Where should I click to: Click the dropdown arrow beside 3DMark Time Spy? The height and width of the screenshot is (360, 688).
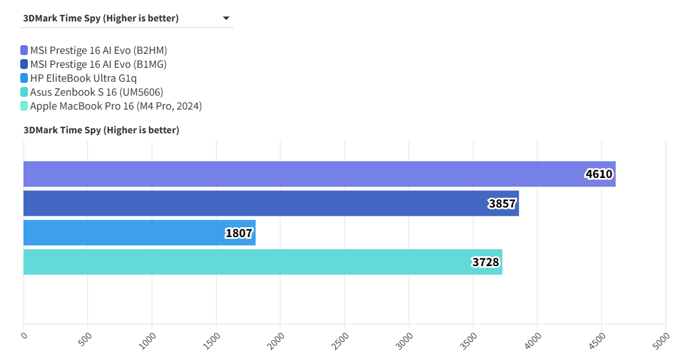pos(226,19)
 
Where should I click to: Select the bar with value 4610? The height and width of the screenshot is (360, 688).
pos(319,174)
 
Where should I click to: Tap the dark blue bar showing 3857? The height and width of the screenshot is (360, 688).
pos(271,203)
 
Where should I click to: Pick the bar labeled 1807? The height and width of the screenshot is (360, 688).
pos(139,232)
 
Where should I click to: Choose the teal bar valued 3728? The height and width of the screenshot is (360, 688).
pos(262,262)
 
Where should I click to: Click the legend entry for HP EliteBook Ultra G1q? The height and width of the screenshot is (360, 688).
pos(83,78)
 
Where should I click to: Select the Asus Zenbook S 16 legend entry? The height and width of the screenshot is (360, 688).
pos(96,92)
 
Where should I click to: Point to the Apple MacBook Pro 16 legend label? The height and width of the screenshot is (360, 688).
pos(115,106)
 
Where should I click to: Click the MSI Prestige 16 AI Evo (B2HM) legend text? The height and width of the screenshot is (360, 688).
pos(99,50)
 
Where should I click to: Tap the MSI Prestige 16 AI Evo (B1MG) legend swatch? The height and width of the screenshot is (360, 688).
pos(24,64)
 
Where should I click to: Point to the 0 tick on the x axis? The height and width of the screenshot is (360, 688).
pos(24,336)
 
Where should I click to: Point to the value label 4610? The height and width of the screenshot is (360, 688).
pos(599,174)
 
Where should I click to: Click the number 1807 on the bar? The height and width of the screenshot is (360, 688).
pos(239,233)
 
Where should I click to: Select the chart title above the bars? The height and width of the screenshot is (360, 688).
pos(102,130)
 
